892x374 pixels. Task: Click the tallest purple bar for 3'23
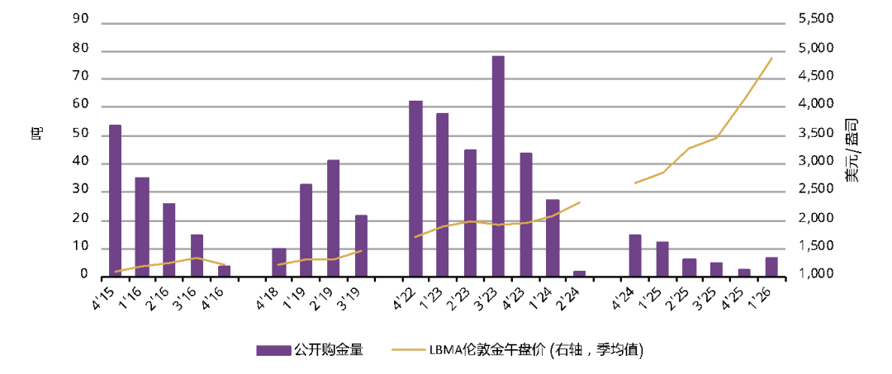click(498, 166)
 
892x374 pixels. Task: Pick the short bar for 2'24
click(580, 273)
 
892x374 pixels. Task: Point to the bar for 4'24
click(635, 256)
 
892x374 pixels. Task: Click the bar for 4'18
click(279, 262)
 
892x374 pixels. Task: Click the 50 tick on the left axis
click(82, 135)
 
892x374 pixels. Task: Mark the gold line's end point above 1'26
click(771, 58)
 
